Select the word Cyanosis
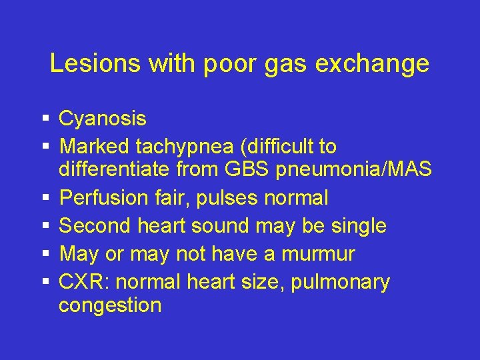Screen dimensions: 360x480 tap(103, 119)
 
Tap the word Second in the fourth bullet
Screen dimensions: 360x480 tap(95, 226)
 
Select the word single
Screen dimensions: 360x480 tap(356, 226)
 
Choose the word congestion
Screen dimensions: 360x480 tap(110, 306)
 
